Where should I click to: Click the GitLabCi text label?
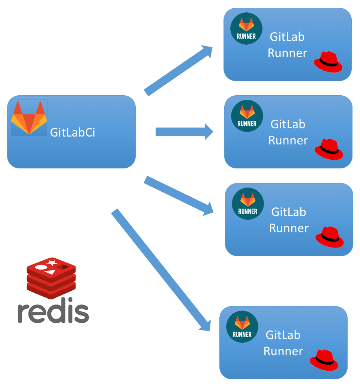(x=72, y=132)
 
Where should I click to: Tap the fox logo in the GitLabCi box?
(x=29, y=118)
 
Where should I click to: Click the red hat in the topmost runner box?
(x=328, y=62)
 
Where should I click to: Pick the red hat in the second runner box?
(x=329, y=149)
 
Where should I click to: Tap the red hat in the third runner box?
(x=330, y=237)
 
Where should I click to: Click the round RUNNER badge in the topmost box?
(x=246, y=29)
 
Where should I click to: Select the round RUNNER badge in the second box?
(x=247, y=116)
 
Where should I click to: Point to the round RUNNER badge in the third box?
(x=248, y=204)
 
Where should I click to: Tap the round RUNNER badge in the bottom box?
(x=242, y=327)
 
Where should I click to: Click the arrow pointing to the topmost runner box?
(x=178, y=70)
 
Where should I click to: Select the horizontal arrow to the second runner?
(x=184, y=132)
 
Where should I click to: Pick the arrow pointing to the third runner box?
(x=178, y=196)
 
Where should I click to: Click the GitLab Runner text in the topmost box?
(x=287, y=45)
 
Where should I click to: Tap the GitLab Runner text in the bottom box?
(x=283, y=343)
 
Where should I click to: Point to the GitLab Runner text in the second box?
(x=288, y=132)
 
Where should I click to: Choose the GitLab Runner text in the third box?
(x=289, y=220)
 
